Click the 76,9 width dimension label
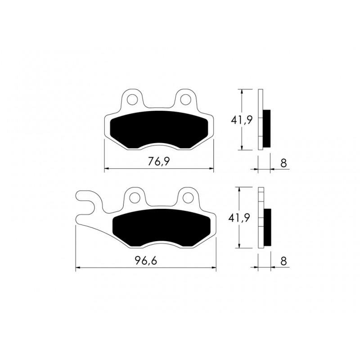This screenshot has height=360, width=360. pyautogui.click(x=159, y=162)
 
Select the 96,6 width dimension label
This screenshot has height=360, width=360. pyautogui.click(x=146, y=261)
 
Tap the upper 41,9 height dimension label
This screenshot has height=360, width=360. pyautogui.click(x=242, y=120)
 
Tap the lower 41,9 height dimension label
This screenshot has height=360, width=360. pyautogui.click(x=239, y=218)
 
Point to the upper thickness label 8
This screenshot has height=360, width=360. pyautogui.click(x=284, y=163)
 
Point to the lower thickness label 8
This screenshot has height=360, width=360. pyautogui.click(x=284, y=261)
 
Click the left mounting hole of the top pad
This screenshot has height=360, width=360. pyautogui.click(x=132, y=99)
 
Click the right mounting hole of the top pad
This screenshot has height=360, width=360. pyautogui.click(x=185, y=99)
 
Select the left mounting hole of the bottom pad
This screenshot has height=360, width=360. pyautogui.click(x=135, y=198)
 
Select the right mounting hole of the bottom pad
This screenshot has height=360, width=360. pyautogui.click(x=188, y=198)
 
